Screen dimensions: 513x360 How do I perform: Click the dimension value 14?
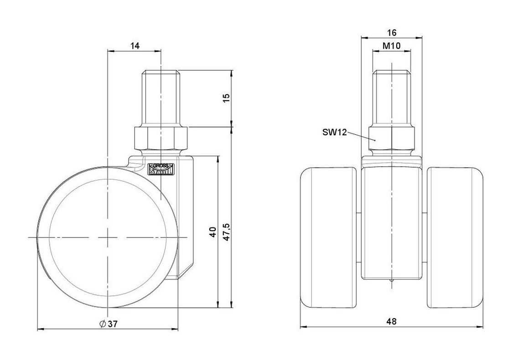point(135,46)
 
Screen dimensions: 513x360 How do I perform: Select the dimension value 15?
point(226,98)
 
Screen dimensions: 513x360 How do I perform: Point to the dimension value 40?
point(213,232)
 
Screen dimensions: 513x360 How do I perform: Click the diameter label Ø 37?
point(108,324)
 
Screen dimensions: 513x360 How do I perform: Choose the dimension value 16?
point(392,33)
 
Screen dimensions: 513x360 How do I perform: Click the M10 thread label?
point(392,46)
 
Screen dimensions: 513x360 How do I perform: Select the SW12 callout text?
point(334,133)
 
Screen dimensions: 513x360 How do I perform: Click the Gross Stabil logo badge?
point(162,169)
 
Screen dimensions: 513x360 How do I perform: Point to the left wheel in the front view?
point(328,238)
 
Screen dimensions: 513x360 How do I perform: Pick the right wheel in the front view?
point(455,238)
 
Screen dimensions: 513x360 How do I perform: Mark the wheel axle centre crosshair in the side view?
point(108,237)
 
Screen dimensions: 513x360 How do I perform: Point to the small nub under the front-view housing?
point(392,281)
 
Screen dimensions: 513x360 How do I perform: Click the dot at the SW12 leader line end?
point(375,140)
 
